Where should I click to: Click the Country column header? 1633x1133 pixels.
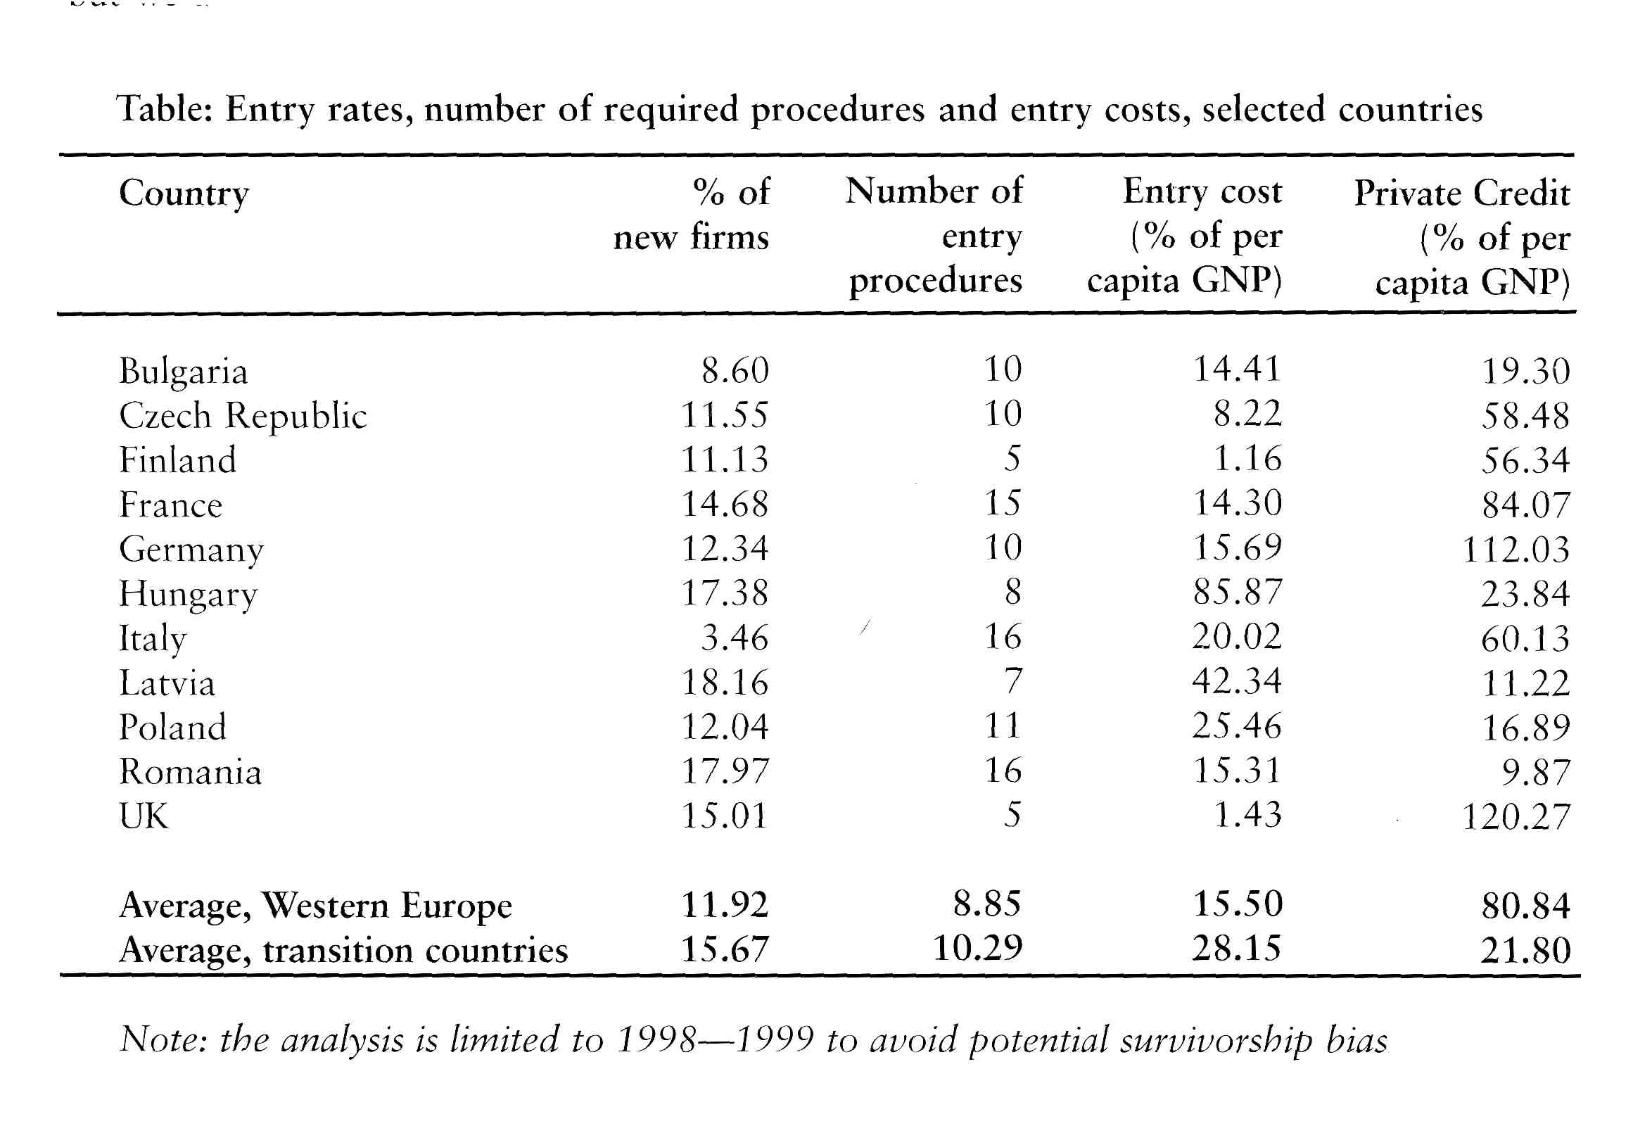click(x=184, y=194)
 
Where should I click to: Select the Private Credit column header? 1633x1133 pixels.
click(x=1462, y=238)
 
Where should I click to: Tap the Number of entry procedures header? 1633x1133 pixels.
click(x=934, y=236)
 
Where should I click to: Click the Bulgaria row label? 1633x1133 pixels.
click(x=183, y=372)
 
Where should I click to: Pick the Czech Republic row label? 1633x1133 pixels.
click(x=243, y=415)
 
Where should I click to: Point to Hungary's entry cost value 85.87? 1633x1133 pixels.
click(x=1237, y=592)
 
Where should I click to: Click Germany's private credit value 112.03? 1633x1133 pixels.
click(x=1516, y=550)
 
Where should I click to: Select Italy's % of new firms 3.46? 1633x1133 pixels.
click(x=735, y=638)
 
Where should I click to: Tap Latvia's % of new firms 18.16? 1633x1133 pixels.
click(x=725, y=682)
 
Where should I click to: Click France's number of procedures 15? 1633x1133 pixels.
click(x=1003, y=503)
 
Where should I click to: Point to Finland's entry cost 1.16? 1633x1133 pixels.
click(x=1247, y=459)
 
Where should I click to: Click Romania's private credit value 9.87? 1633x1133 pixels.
click(x=1536, y=773)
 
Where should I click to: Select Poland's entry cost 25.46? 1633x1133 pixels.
click(x=1237, y=726)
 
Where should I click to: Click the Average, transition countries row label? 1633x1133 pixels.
click(x=343, y=951)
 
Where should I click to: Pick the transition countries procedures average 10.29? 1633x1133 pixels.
click(x=978, y=948)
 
